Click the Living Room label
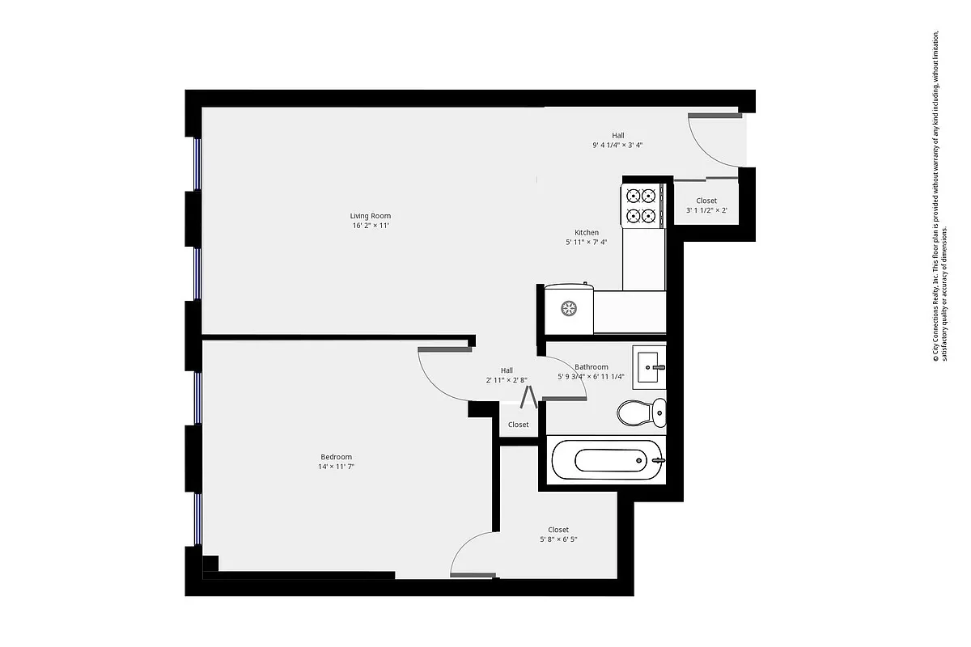(371, 216)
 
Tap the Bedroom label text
(336, 457)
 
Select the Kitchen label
(587, 232)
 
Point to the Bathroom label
(591, 367)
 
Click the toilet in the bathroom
(642, 413)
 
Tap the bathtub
(607, 461)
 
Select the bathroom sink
(650, 367)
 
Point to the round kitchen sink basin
(569, 307)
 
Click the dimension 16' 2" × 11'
(371, 226)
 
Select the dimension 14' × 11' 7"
(336, 467)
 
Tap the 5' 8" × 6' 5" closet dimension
(558, 539)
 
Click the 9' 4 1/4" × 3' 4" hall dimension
(617, 146)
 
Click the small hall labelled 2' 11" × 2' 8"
(507, 375)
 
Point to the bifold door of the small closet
(529, 397)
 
